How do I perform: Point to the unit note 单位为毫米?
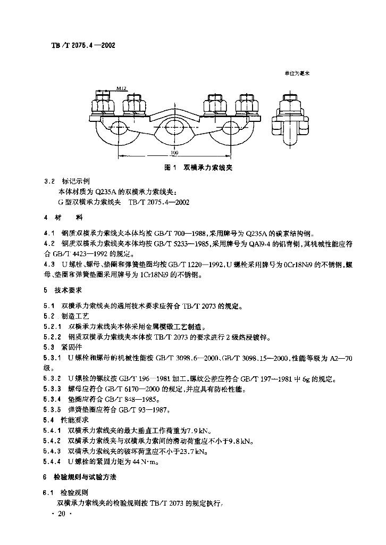[297, 73]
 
